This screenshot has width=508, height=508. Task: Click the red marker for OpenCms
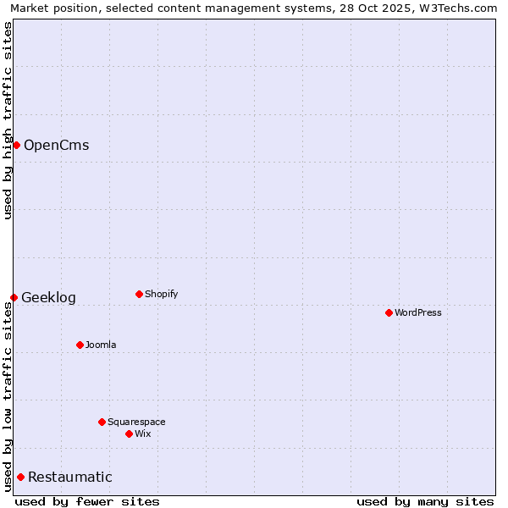pyautogui.click(x=16, y=145)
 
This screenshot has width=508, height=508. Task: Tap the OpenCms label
pyautogui.click(x=56, y=145)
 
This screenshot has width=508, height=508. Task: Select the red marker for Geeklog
pyautogui.click(x=14, y=297)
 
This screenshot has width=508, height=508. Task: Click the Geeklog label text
pyautogui.click(x=48, y=297)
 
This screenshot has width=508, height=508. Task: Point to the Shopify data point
pyautogui.click(x=139, y=294)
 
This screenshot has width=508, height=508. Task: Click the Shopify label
pyautogui.click(x=161, y=294)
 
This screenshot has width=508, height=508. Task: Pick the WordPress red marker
pyautogui.click(x=389, y=312)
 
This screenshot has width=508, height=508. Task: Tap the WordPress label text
pyautogui.click(x=417, y=312)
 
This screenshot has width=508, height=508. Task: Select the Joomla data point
pyautogui.click(x=80, y=345)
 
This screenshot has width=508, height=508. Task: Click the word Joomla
pyautogui.click(x=101, y=345)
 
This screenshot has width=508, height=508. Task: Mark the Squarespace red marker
pyautogui.click(x=102, y=422)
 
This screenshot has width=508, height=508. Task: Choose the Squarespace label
pyautogui.click(x=136, y=422)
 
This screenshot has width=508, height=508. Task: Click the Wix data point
pyautogui.click(x=129, y=433)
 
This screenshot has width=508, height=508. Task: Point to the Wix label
pyautogui.click(x=142, y=433)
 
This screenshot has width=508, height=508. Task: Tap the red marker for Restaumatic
pyautogui.click(x=20, y=477)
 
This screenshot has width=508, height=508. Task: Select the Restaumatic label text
pyautogui.click(x=69, y=477)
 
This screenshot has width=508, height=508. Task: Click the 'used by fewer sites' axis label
pyautogui.click(x=87, y=501)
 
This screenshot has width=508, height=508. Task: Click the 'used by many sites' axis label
pyautogui.click(x=425, y=501)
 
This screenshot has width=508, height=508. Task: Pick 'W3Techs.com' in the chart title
pyautogui.click(x=461, y=8)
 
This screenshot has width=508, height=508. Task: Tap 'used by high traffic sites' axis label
pyautogui.click(x=8, y=120)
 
